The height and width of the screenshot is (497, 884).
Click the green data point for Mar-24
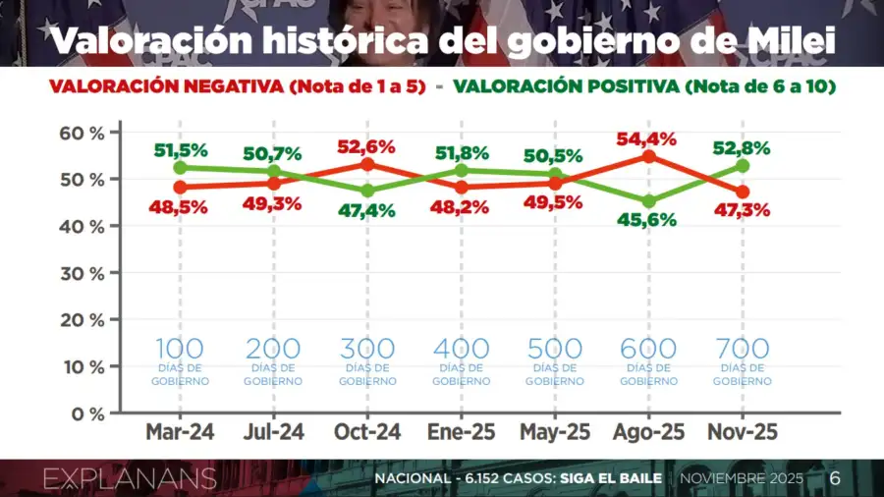pos(180,167)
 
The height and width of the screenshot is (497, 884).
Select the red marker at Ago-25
pos(649,156)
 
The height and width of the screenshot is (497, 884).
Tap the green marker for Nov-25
pos(743,166)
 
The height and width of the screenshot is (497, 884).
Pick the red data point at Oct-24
pos(367,164)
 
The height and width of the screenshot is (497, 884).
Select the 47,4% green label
pos(368,210)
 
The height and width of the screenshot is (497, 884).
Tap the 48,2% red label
pos(461,208)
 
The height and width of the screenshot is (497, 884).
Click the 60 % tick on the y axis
pos(83,133)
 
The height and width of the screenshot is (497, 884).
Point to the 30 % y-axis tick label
pos(83,273)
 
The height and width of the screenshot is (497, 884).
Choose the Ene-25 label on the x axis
pos(461,433)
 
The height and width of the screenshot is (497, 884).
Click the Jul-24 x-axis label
pos(273,433)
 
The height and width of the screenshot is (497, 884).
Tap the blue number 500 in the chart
pos(555,349)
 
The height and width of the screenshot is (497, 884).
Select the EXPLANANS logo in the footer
pos(130,479)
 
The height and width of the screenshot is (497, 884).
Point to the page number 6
pos(835,479)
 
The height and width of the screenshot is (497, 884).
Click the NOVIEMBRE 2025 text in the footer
pos(744,479)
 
